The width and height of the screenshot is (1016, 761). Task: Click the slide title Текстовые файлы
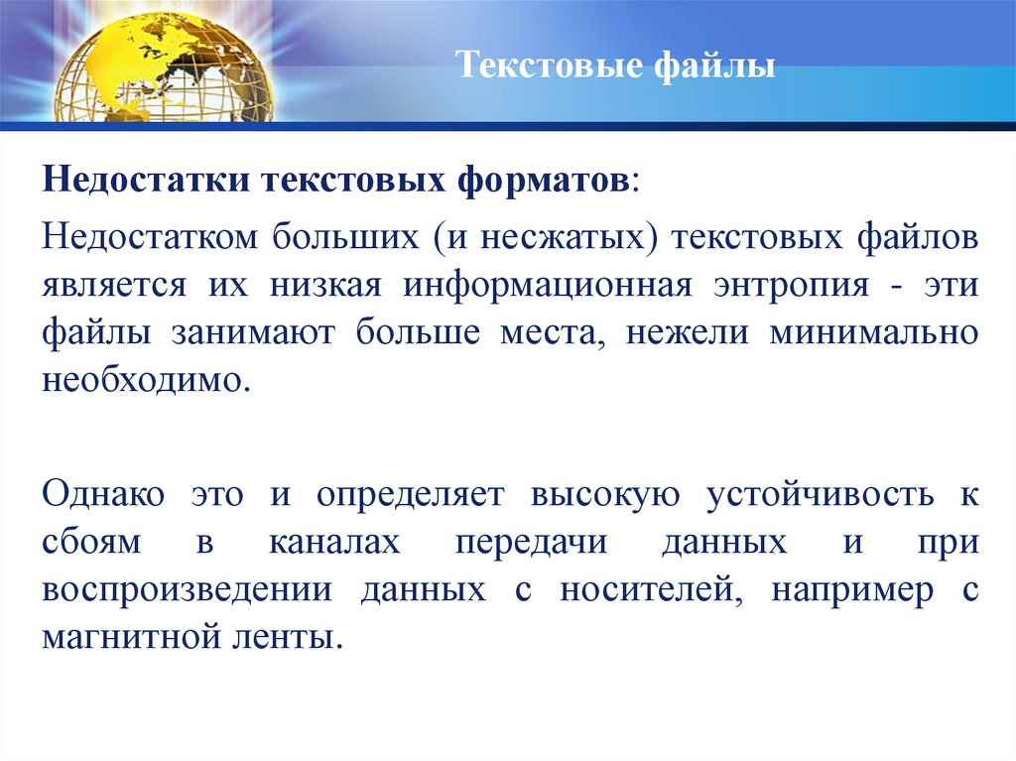click(615, 68)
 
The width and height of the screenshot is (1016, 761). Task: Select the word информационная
click(546, 286)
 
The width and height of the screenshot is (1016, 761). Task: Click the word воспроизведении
click(186, 589)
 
